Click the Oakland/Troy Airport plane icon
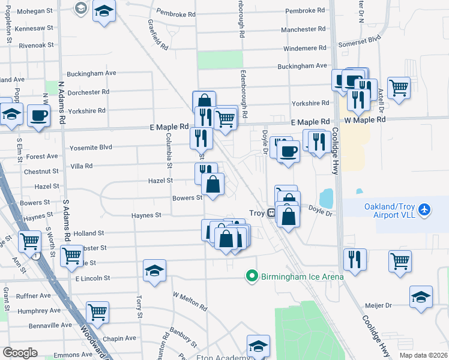point(426,209)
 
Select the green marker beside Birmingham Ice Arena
point(252,276)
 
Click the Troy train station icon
point(271,212)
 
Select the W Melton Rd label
point(190,302)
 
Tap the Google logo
point(20,353)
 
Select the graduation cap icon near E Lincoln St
point(154,271)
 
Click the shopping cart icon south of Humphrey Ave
point(97,311)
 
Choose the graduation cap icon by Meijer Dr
point(421,296)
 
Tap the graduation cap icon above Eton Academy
point(258,346)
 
